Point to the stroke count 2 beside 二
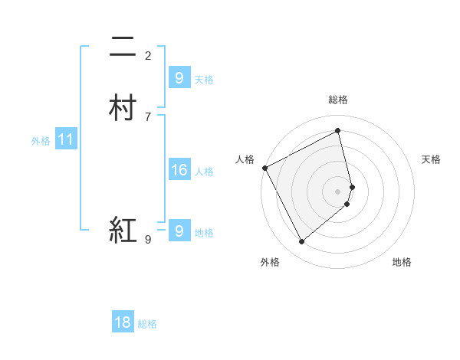[148, 55]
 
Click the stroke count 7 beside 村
[148, 116]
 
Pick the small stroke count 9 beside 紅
[148, 240]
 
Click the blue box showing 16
[179, 170]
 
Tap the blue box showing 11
[65, 140]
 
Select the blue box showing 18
[123, 322]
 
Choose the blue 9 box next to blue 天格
[179, 77]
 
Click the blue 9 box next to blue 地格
[179, 231]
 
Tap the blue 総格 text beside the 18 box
[147, 324]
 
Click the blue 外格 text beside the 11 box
[41, 141]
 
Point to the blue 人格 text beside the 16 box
[205, 172]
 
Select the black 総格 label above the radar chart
[337, 100]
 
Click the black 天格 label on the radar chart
[431, 159]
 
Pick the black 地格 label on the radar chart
[402, 262]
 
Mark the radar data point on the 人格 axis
[264, 168]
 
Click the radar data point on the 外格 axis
[301, 242]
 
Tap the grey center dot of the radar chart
[337, 191]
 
